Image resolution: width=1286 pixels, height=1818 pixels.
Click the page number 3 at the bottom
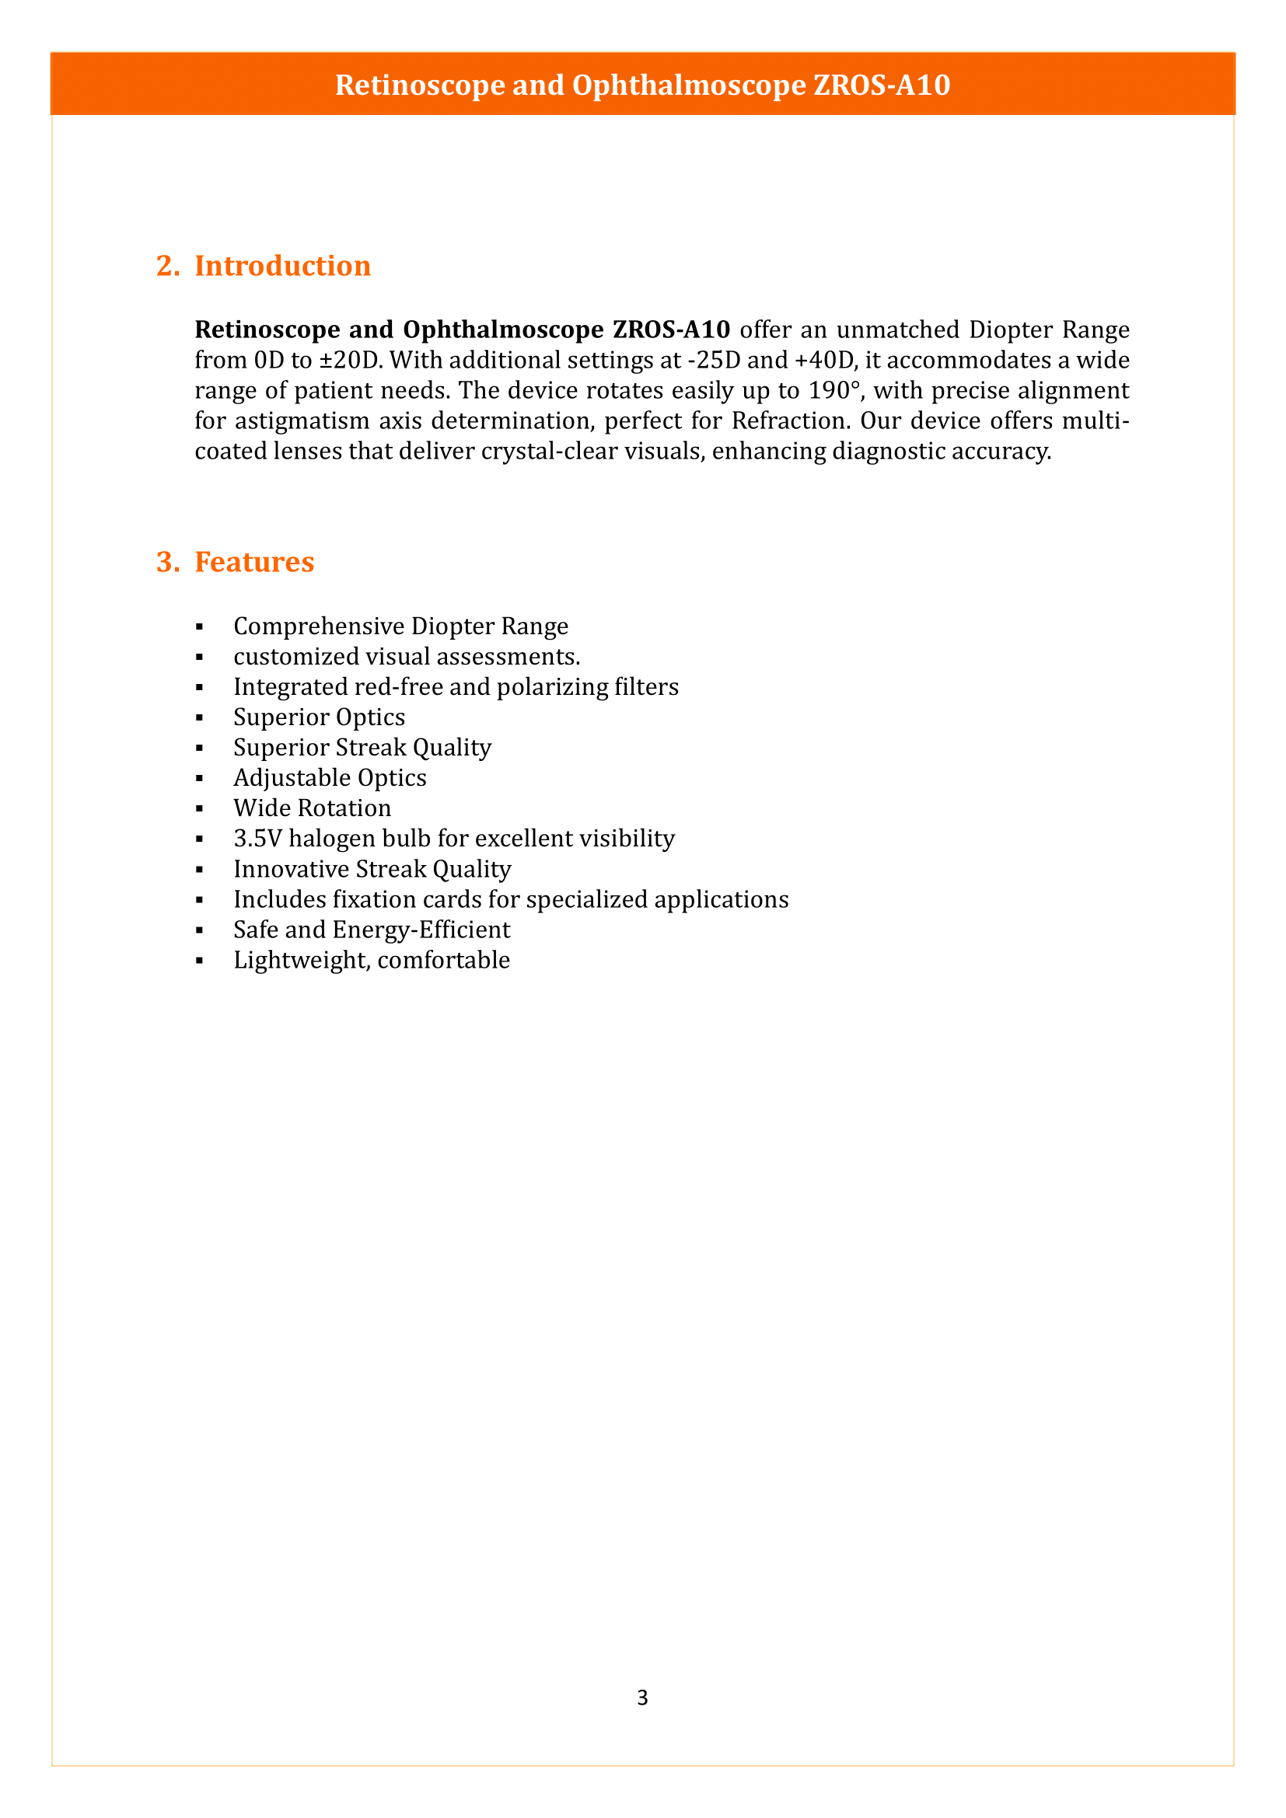point(642,1697)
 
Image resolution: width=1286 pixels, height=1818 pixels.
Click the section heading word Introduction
point(283,266)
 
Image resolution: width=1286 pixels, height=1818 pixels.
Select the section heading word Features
point(254,562)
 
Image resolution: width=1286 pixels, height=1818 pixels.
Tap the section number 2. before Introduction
point(168,266)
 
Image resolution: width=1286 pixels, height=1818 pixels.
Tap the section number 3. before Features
point(168,562)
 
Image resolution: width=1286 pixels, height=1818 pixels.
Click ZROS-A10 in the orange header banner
point(882,85)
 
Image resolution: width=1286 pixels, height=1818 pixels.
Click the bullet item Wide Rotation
point(312,808)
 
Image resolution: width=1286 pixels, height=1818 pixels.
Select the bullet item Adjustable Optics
point(330,778)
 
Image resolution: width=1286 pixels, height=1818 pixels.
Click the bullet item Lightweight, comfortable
point(372,961)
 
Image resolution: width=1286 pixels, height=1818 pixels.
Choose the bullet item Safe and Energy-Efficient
point(372,930)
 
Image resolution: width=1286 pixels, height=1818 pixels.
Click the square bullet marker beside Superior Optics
point(200,718)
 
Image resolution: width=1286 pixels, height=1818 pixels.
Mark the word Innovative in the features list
point(291,870)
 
